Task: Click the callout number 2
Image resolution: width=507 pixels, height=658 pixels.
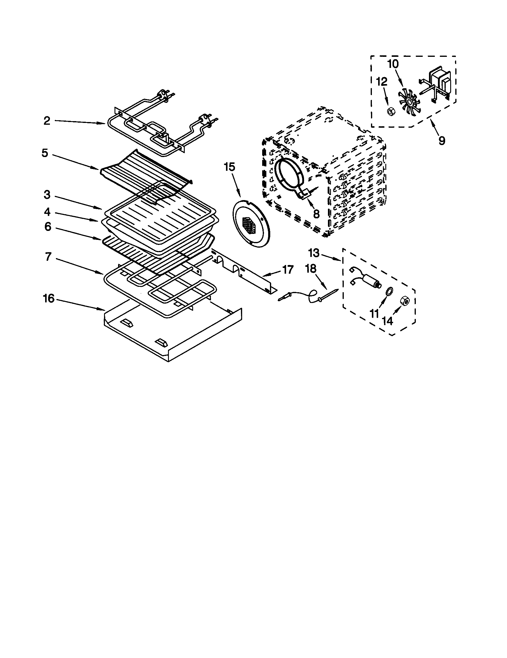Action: pyautogui.click(x=47, y=121)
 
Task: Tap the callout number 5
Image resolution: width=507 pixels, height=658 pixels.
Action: pyautogui.click(x=45, y=153)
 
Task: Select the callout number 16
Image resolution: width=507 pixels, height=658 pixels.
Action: pyautogui.click(x=49, y=298)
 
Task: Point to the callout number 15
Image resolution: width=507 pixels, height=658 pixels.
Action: pyautogui.click(x=229, y=167)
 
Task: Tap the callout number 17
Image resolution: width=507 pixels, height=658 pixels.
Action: pyautogui.click(x=288, y=270)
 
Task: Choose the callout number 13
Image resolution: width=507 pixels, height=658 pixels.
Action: pyautogui.click(x=314, y=253)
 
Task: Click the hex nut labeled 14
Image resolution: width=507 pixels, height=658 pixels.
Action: pyautogui.click(x=404, y=301)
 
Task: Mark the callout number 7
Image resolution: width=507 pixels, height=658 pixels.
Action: pyautogui.click(x=48, y=257)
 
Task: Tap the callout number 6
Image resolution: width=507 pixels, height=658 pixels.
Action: pyautogui.click(x=48, y=227)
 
